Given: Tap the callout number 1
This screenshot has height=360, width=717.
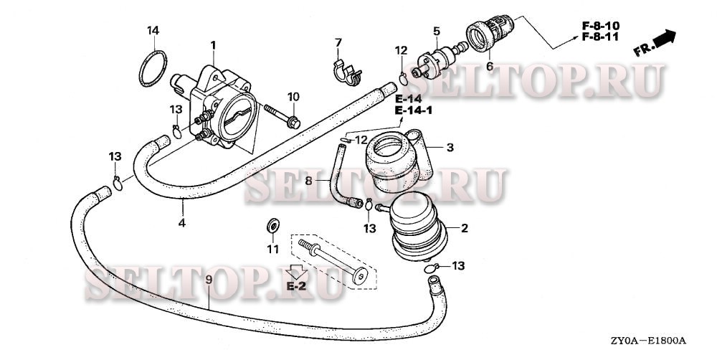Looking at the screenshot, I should pos(213,45).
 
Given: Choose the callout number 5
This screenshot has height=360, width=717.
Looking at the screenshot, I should pos(435,31).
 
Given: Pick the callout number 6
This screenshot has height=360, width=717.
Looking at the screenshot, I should pos(490,66).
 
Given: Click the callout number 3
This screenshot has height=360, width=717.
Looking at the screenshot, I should pos(450,148).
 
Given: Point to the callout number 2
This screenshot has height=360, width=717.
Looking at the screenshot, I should pos(464,229).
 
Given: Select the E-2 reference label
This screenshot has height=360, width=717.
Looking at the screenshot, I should pos(297,286).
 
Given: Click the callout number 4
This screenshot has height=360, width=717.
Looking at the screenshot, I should pos(182,223).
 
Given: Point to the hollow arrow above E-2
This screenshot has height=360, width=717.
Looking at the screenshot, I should pos(295,271).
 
